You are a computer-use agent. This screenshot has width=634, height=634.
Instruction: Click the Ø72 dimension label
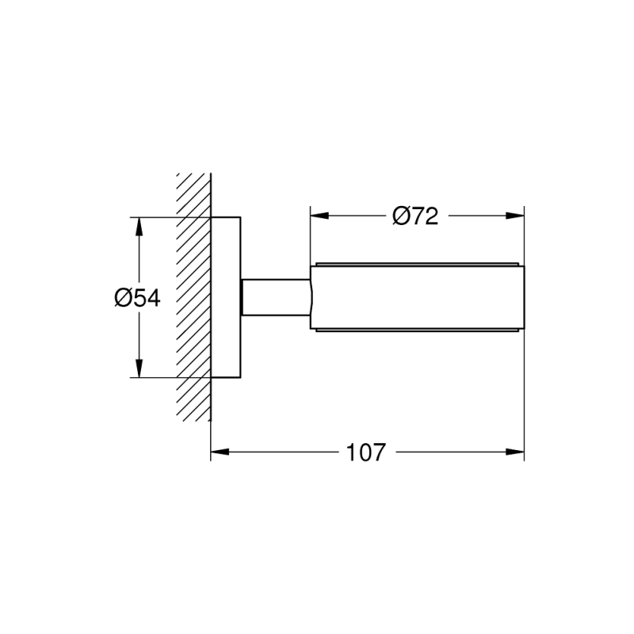pos(415,216)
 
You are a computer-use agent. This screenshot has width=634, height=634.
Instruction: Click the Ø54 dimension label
pos(137,298)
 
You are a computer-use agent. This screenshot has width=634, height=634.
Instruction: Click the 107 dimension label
pos(366,453)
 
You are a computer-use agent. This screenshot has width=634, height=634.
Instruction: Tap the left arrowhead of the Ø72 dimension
pos(319,216)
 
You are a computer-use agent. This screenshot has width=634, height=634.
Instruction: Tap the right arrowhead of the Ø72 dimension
pos(515,216)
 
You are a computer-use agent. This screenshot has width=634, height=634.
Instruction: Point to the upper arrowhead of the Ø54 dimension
pos(139,227)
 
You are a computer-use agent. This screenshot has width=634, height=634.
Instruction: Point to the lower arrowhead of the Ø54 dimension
pos(139,369)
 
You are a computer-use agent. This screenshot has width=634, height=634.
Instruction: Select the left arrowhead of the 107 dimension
pos(220,452)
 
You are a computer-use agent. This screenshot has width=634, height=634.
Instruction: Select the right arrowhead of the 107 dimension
pos(515,452)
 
